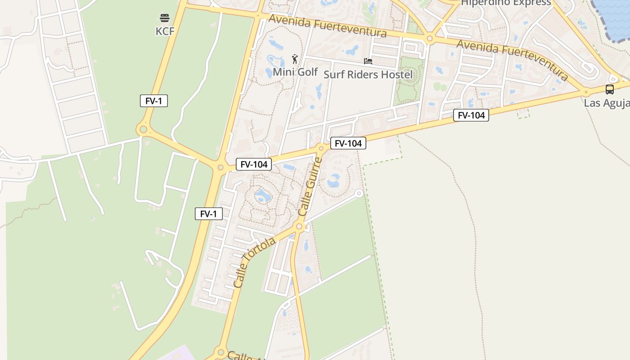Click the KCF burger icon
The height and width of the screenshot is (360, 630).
click(165, 18)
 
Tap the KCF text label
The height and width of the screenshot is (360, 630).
click(165, 31)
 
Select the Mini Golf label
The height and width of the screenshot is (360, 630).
click(295, 72)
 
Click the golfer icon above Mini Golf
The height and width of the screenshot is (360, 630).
click(295, 58)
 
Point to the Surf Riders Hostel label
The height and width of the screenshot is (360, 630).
click(368, 74)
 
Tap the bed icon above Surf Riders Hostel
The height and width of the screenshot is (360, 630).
click(368, 61)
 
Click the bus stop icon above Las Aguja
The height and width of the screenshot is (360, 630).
click(610, 89)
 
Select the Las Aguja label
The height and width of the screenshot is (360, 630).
click(607, 103)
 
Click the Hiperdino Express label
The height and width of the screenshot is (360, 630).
click(506, 3)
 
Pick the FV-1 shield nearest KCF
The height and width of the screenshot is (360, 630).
click(154, 101)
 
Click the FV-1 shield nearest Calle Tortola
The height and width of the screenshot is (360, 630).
click(209, 214)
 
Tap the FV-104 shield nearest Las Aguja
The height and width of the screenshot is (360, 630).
click(471, 115)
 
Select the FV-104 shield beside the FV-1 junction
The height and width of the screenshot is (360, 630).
click(254, 164)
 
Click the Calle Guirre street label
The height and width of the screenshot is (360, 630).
click(310, 186)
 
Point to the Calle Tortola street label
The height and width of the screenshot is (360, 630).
click(254, 262)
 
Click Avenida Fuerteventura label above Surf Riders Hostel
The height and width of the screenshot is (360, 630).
click(328, 26)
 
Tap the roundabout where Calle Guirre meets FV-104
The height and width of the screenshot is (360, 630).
click(321, 148)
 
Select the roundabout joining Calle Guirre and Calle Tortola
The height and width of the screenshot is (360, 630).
click(299, 226)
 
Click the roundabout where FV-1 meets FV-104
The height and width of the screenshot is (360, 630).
click(220, 167)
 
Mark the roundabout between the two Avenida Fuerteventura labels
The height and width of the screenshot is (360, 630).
click(430, 39)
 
